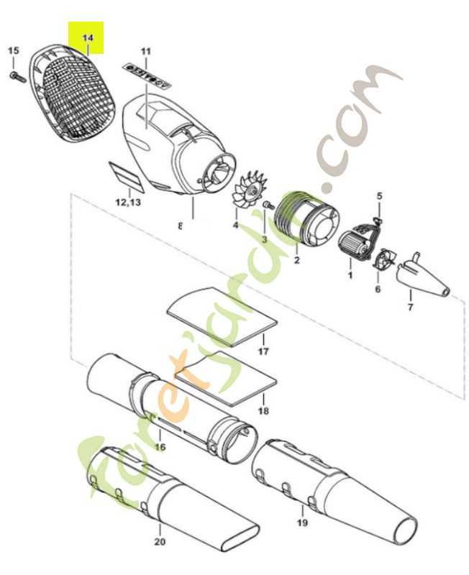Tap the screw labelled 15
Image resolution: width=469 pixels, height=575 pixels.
coord(14,74)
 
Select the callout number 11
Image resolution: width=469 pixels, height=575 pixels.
coord(146,51)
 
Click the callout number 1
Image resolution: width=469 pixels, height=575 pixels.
coord(350,275)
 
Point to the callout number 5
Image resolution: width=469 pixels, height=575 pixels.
coord(380,195)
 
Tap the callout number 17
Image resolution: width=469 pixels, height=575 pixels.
coord(263,352)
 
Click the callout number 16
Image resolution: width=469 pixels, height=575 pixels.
coord(160,447)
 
